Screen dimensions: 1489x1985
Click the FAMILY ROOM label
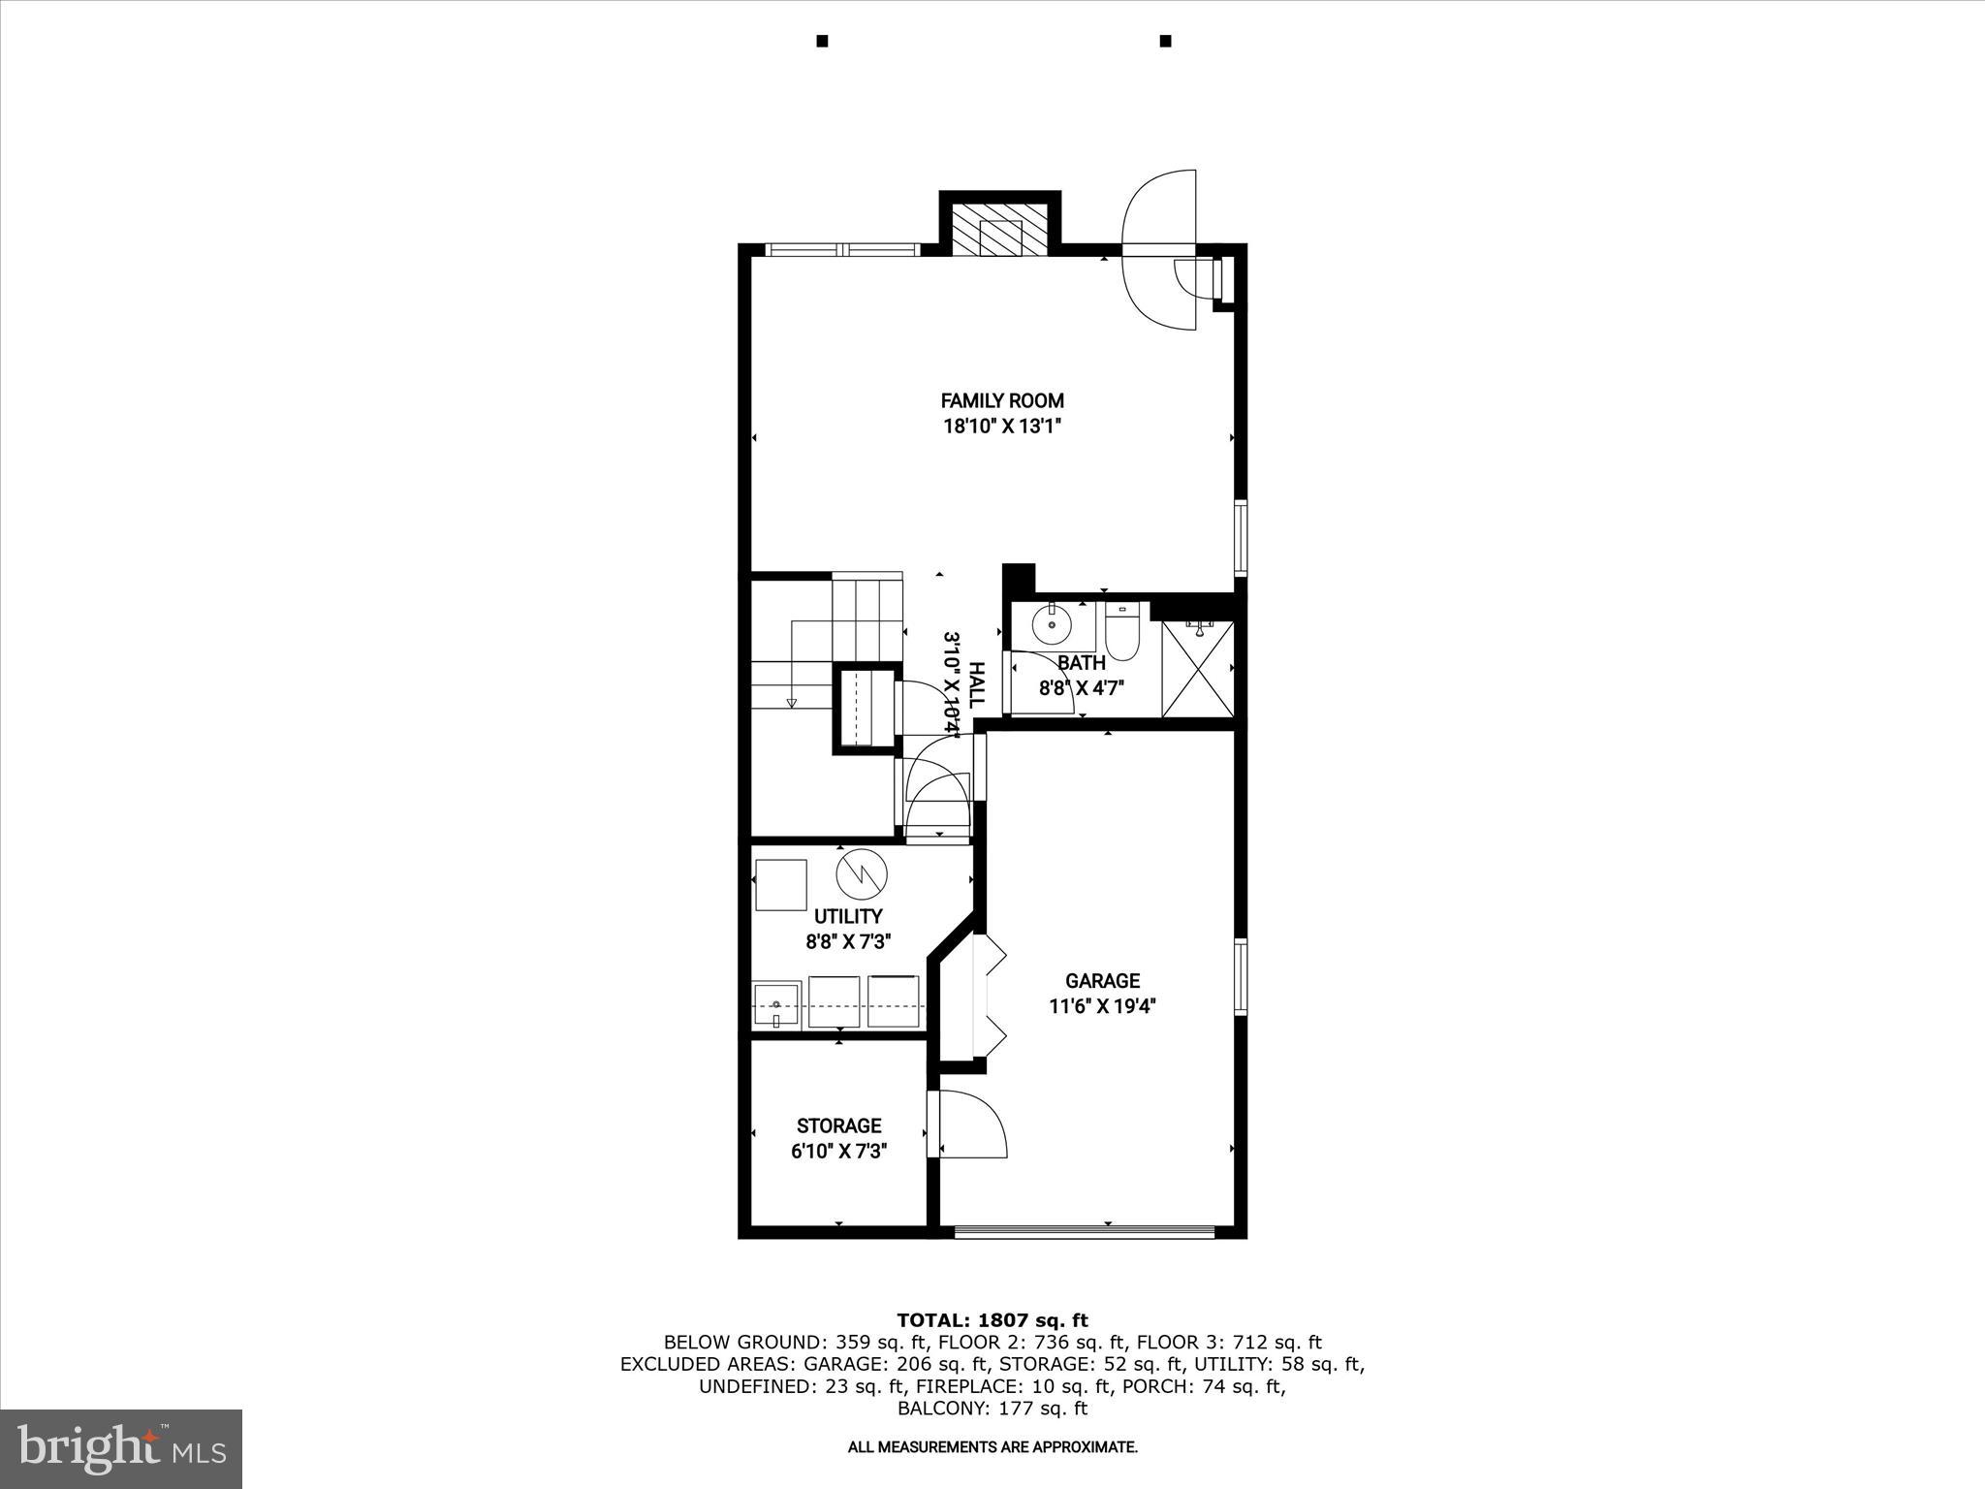point(1002,400)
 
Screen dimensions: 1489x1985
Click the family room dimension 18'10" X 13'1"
point(1002,427)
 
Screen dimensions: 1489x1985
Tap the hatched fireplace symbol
point(1000,231)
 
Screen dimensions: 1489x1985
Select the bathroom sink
point(1051,626)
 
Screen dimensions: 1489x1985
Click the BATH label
point(1081,664)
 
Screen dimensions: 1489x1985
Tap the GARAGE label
point(1102,981)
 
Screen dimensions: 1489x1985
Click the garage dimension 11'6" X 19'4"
point(1102,1007)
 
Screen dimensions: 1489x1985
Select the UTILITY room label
point(848,916)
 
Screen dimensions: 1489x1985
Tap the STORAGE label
point(838,1125)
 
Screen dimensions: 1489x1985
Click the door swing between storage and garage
point(971,1125)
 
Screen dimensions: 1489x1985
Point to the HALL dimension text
point(954,684)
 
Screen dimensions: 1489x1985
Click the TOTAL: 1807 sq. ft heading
point(992,1320)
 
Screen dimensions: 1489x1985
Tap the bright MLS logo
point(121,1448)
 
